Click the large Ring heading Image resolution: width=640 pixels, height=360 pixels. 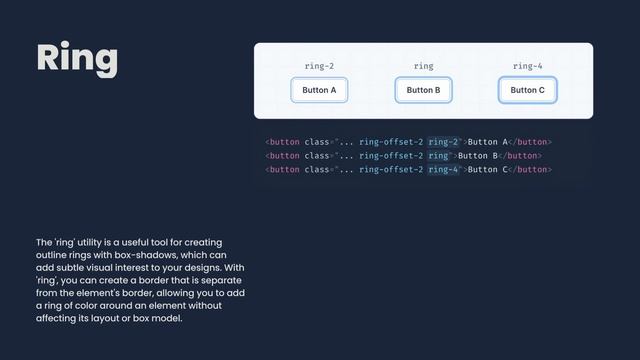(x=77, y=58)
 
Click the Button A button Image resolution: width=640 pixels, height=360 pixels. (x=319, y=90)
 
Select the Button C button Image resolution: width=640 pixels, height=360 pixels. (x=527, y=90)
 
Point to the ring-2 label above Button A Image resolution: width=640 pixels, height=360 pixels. (x=319, y=66)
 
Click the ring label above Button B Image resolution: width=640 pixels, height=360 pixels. (x=423, y=66)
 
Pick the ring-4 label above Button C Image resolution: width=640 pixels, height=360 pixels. (x=527, y=66)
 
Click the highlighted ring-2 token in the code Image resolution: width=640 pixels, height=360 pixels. (x=443, y=142)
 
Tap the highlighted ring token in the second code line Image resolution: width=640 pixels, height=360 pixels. (x=438, y=156)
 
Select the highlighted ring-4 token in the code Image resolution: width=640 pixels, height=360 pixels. (x=443, y=169)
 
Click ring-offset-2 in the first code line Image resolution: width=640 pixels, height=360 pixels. (x=391, y=142)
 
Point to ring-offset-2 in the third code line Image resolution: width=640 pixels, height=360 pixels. (x=391, y=169)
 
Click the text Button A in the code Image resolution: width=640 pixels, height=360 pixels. (x=489, y=142)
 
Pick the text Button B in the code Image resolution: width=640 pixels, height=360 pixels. (x=479, y=156)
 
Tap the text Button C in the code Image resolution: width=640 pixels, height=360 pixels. (x=489, y=169)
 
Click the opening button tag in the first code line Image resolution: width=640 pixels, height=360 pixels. (x=283, y=142)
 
